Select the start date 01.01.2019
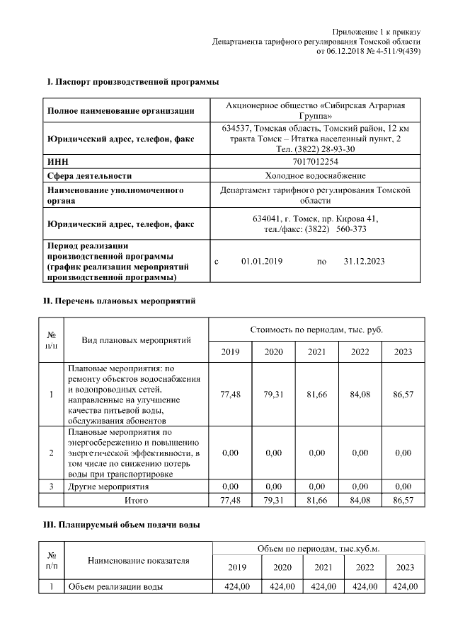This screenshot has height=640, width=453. tap(261, 261)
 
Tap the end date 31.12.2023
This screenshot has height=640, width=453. tap(364, 261)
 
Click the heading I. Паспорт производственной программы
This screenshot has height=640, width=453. tap(132, 83)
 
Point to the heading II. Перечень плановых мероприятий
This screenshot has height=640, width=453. tap(120, 301)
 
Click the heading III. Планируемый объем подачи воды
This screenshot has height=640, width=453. tap(122, 525)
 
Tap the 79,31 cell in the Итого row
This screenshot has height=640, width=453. tap(273, 500)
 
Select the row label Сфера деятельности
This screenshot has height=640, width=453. tap(89, 175)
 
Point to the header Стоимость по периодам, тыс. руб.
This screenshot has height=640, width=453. tap(317, 330)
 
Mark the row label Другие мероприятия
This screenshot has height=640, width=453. tap(108, 487)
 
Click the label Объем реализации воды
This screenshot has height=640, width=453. tap(115, 587)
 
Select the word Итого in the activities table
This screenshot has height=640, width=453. tap(136, 500)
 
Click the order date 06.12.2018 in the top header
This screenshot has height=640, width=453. tap(350, 52)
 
